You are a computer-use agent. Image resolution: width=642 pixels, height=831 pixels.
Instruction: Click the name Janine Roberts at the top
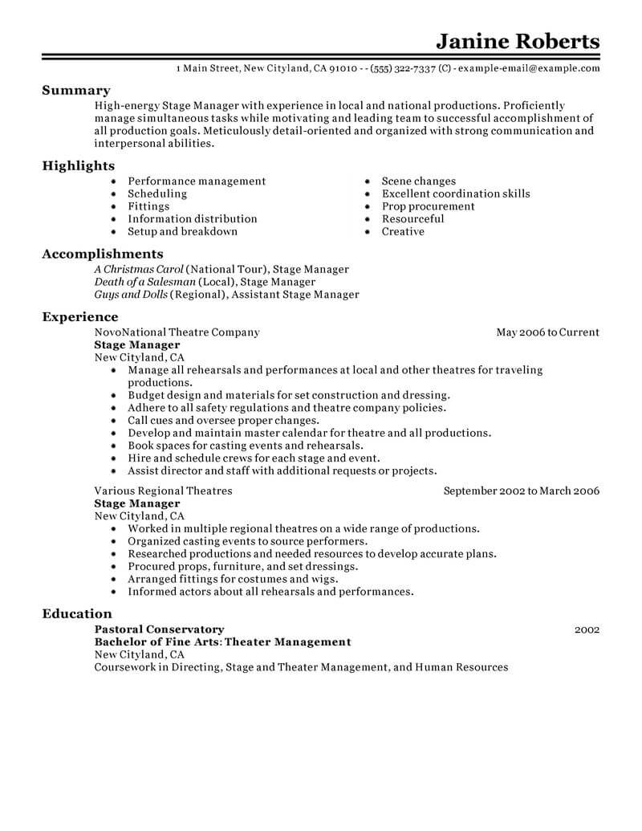517,41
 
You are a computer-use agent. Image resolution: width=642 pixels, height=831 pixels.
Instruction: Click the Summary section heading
76,91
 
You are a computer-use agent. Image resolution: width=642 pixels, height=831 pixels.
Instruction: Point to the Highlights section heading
79,165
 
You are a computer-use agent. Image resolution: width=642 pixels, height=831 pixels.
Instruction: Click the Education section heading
77,613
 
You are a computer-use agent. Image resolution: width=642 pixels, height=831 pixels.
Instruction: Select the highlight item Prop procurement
428,206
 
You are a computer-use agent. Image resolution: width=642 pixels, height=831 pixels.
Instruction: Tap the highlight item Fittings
148,206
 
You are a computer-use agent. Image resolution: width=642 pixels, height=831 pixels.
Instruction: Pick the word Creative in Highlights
403,231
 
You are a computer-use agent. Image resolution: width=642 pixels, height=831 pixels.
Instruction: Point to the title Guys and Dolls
131,295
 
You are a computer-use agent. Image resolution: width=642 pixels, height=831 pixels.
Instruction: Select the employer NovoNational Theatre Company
177,332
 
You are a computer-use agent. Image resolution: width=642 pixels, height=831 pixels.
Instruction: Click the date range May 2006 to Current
547,332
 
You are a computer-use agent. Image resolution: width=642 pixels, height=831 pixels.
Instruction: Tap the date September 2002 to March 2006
522,491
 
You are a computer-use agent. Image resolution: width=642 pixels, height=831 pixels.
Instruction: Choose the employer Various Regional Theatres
163,491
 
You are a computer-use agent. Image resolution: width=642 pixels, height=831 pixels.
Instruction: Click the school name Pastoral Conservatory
159,629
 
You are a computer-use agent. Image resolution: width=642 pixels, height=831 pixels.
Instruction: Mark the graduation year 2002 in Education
587,630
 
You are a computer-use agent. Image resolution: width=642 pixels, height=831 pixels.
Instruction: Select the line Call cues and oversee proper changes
223,420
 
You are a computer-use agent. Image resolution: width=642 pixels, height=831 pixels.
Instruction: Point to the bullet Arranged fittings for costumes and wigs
233,579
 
